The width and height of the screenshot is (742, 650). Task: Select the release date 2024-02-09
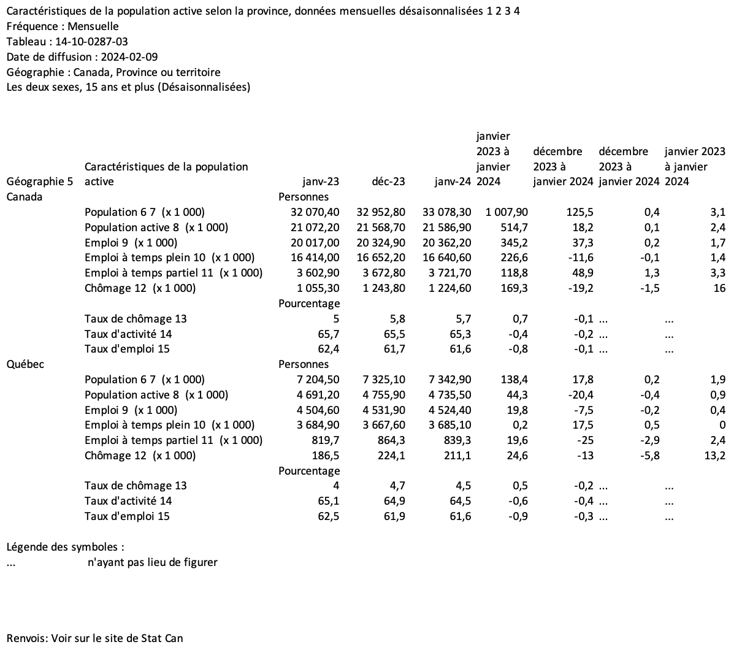126,57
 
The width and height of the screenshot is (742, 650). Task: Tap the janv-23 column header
321,182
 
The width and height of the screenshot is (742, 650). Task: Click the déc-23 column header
388,182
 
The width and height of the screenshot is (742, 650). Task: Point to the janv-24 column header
453,182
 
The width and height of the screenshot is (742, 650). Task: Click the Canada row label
25,197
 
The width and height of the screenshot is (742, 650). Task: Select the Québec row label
25,364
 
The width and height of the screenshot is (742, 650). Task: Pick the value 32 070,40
315,212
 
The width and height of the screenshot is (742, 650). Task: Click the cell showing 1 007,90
507,212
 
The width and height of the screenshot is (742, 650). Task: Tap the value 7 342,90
447,380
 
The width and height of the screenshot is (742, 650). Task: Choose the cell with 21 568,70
381,227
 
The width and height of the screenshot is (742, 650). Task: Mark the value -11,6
579,258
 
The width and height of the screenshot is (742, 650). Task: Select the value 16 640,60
447,258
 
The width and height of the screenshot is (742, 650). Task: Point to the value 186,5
326,455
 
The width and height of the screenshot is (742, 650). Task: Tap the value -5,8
648,455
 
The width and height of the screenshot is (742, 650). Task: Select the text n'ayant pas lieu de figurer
153,562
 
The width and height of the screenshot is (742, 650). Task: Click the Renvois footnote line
94,638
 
